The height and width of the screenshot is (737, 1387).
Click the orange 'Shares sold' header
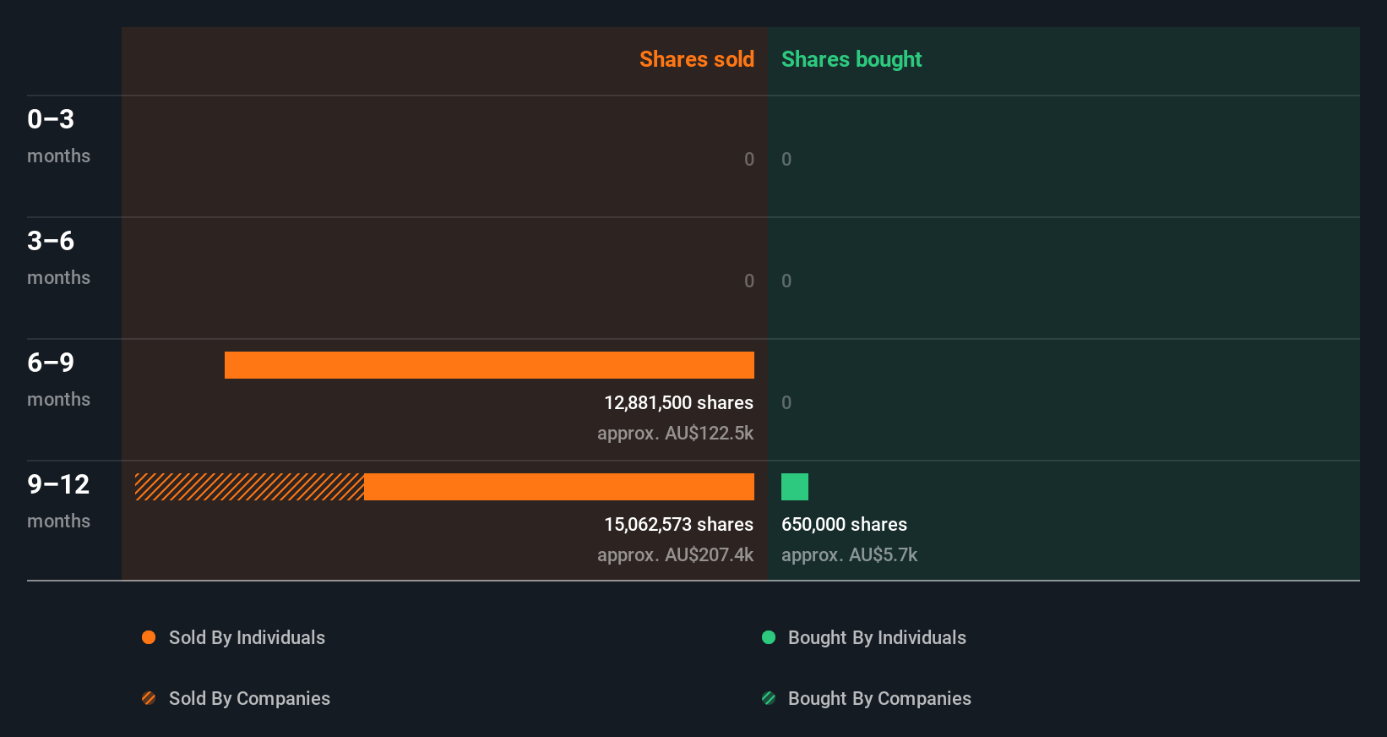(x=696, y=59)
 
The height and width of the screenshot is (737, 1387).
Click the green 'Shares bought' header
(x=851, y=59)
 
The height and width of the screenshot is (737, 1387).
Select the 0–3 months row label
(x=58, y=135)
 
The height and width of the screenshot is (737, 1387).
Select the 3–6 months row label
(x=58, y=257)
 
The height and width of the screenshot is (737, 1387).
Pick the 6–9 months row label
(x=58, y=379)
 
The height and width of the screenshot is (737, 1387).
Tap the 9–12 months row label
(x=58, y=500)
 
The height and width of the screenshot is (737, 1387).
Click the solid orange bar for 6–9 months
(x=489, y=365)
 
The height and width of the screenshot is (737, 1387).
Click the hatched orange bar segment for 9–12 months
(x=249, y=487)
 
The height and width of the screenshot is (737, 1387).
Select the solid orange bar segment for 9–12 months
(x=559, y=487)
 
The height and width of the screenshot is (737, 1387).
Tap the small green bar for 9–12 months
(x=795, y=487)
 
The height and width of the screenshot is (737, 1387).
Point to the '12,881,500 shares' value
(x=678, y=403)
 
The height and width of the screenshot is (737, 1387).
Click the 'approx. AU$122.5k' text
(x=675, y=434)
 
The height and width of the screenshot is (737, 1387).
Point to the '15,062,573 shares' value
(x=678, y=525)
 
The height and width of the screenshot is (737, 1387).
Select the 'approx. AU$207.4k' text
(x=675, y=555)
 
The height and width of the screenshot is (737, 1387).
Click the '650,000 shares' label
(x=844, y=525)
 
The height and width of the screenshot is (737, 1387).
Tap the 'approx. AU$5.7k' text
(x=849, y=555)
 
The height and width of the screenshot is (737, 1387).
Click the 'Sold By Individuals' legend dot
(x=149, y=637)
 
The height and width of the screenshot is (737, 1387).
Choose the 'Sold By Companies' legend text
(x=249, y=698)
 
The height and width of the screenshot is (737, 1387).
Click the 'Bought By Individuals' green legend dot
(x=769, y=637)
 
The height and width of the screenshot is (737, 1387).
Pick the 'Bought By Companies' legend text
(x=879, y=698)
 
